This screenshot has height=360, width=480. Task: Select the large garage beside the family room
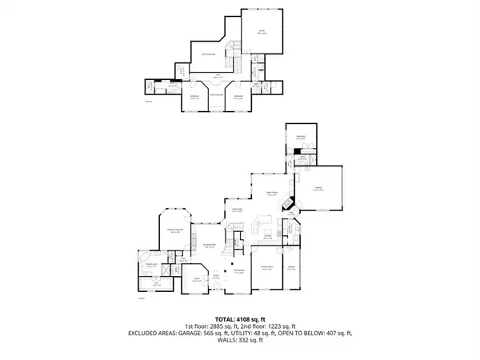tap(318, 190)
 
